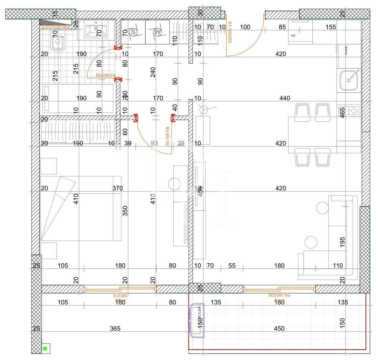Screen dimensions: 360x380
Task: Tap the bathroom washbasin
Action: click(x=96, y=29)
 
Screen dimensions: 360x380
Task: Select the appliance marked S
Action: click(x=133, y=32)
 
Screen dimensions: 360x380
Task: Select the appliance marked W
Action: click(x=157, y=32)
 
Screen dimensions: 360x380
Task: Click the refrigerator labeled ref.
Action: click(x=300, y=32)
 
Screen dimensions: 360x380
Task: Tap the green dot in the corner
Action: click(x=45, y=348)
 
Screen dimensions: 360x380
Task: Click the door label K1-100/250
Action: click(x=230, y=32)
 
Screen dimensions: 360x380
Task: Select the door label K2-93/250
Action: click(x=167, y=136)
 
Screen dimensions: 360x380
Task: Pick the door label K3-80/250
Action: click(x=106, y=75)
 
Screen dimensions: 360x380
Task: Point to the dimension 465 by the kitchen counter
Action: click(x=342, y=113)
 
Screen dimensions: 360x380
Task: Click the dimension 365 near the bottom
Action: click(x=115, y=328)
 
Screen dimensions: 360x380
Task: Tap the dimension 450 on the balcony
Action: click(x=279, y=328)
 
